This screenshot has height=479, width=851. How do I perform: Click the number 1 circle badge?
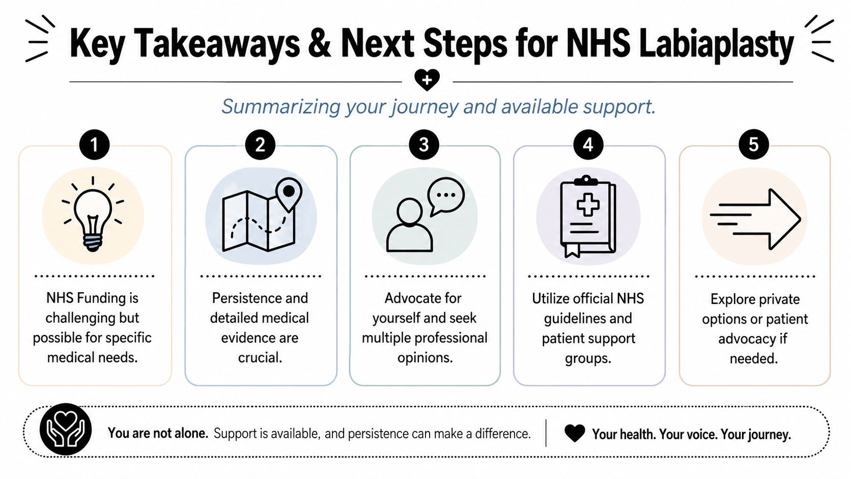[94, 145]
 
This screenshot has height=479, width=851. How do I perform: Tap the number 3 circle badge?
[423, 145]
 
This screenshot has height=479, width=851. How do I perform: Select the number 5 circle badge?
[753, 145]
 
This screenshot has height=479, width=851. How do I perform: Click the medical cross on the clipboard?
[588, 204]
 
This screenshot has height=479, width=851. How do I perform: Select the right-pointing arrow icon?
[755, 219]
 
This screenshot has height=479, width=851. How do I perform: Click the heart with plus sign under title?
[427, 80]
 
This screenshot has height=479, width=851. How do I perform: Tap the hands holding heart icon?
[65, 429]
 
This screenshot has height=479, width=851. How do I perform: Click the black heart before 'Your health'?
[575, 433]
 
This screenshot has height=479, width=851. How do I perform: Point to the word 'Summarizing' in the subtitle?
[281, 107]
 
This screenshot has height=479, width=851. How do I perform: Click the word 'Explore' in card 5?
[733, 299]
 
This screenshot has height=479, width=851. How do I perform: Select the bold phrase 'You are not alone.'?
[158, 433]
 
